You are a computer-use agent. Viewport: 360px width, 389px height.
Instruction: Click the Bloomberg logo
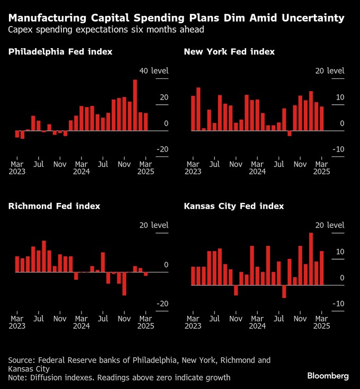click(x=328, y=376)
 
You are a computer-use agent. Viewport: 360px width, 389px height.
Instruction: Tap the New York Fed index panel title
click(x=229, y=52)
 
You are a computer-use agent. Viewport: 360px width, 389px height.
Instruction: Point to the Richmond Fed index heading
click(x=54, y=206)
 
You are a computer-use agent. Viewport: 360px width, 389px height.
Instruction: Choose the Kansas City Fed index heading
click(x=233, y=206)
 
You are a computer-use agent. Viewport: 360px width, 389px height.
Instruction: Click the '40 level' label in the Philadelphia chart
click(x=154, y=71)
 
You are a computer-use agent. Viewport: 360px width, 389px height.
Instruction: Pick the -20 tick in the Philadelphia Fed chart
click(x=161, y=149)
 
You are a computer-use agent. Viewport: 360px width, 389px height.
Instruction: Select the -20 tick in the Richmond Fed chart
click(x=161, y=304)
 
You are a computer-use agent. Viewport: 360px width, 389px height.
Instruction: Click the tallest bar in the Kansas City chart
click(x=311, y=259)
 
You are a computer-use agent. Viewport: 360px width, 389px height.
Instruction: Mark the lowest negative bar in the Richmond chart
click(x=124, y=284)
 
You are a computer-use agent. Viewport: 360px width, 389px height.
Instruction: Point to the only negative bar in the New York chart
click(x=290, y=133)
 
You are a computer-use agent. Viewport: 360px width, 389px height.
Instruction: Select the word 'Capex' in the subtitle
click(x=20, y=30)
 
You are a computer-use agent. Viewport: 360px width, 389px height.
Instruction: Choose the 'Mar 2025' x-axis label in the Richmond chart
click(x=145, y=323)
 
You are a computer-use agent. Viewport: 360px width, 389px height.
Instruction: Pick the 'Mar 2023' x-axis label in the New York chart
click(x=193, y=168)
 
